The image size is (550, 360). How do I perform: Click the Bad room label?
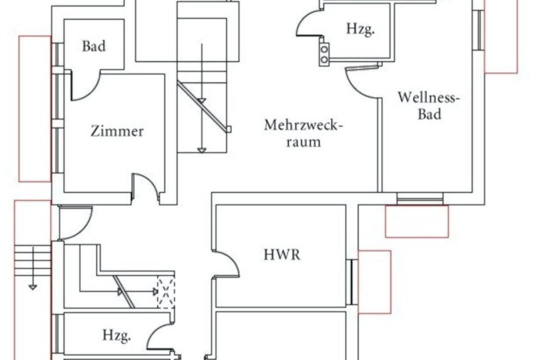93,46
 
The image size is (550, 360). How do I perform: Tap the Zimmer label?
117,131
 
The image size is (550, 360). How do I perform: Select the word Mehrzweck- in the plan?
303,125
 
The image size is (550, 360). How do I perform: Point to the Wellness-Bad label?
428,105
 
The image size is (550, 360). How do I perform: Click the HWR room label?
282,254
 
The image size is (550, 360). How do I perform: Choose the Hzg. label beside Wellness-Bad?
360,29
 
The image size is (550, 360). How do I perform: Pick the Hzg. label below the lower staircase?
117,335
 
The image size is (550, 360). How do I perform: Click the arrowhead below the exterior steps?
32,287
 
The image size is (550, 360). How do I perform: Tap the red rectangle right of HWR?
374,282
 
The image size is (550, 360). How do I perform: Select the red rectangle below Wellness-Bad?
416,221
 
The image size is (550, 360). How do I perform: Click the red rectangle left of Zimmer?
35,109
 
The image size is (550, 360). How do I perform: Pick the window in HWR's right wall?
352,282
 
